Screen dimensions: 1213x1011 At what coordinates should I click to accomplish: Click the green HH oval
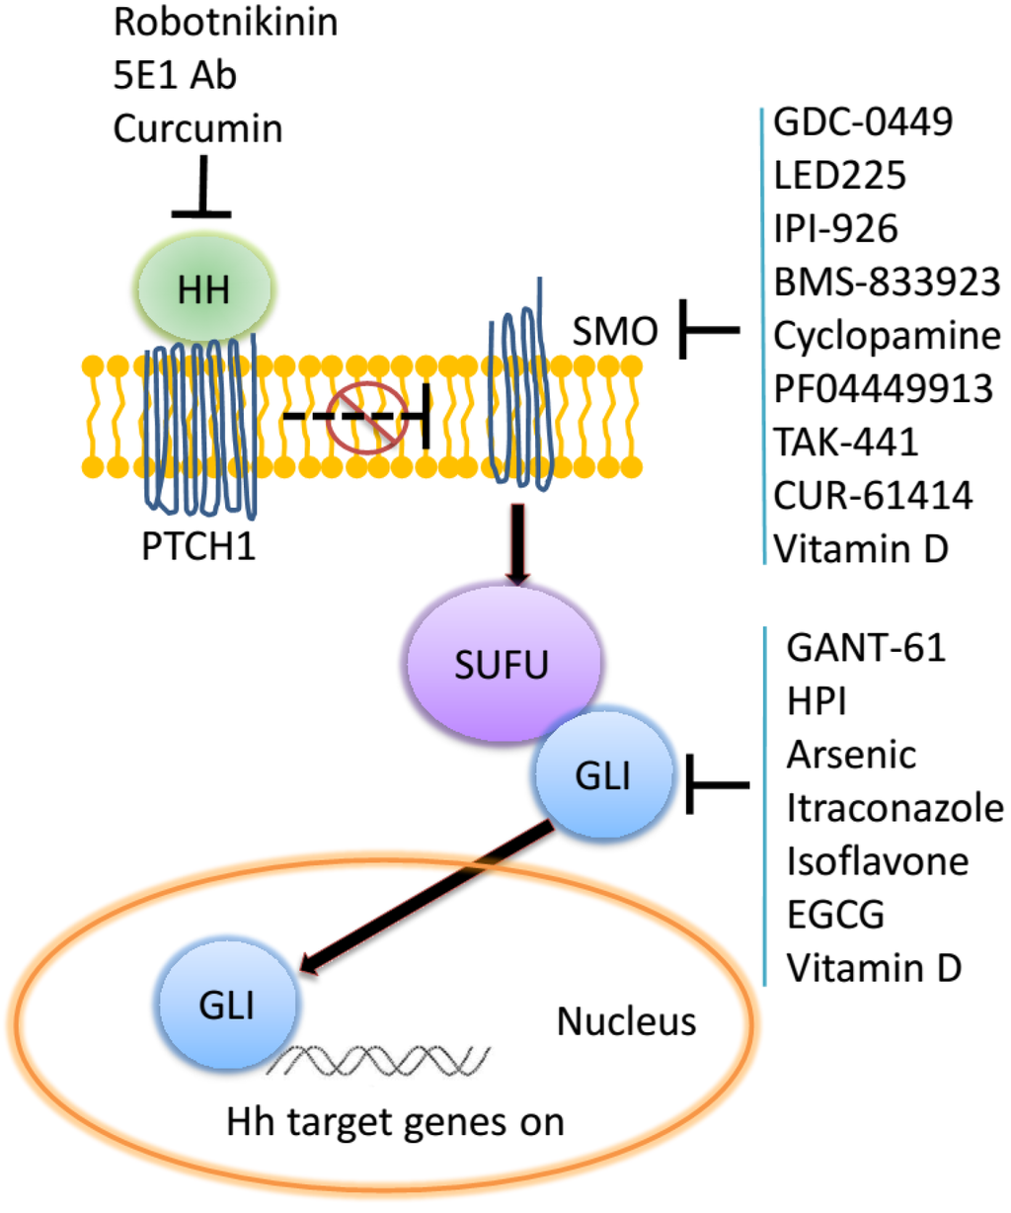coord(203,289)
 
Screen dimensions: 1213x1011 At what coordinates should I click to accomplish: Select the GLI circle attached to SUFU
coord(603,775)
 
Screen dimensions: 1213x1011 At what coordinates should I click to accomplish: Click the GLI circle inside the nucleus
coord(227,1005)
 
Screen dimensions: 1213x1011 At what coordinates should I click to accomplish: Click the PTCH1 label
coord(198,545)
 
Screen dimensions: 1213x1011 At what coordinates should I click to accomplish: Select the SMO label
coord(614,331)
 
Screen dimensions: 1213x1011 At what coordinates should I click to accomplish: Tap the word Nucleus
coord(626,1021)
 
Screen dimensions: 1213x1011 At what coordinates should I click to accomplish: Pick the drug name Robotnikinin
coord(225,22)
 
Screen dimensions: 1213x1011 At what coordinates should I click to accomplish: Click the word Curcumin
coord(197,128)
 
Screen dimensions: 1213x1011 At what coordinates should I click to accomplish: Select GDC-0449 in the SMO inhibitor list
coord(863,121)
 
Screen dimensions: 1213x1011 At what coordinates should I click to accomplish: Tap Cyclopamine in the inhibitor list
coord(887,335)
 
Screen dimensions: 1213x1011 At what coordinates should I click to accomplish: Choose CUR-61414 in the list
coord(873,495)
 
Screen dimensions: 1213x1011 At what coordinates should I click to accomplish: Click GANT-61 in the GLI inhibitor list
coord(866,648)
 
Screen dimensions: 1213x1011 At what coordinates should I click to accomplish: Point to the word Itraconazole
coord(894,808)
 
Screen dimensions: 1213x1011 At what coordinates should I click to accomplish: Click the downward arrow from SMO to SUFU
coord(517,544)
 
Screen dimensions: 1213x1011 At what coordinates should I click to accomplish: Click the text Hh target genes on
coord(395,1122)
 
